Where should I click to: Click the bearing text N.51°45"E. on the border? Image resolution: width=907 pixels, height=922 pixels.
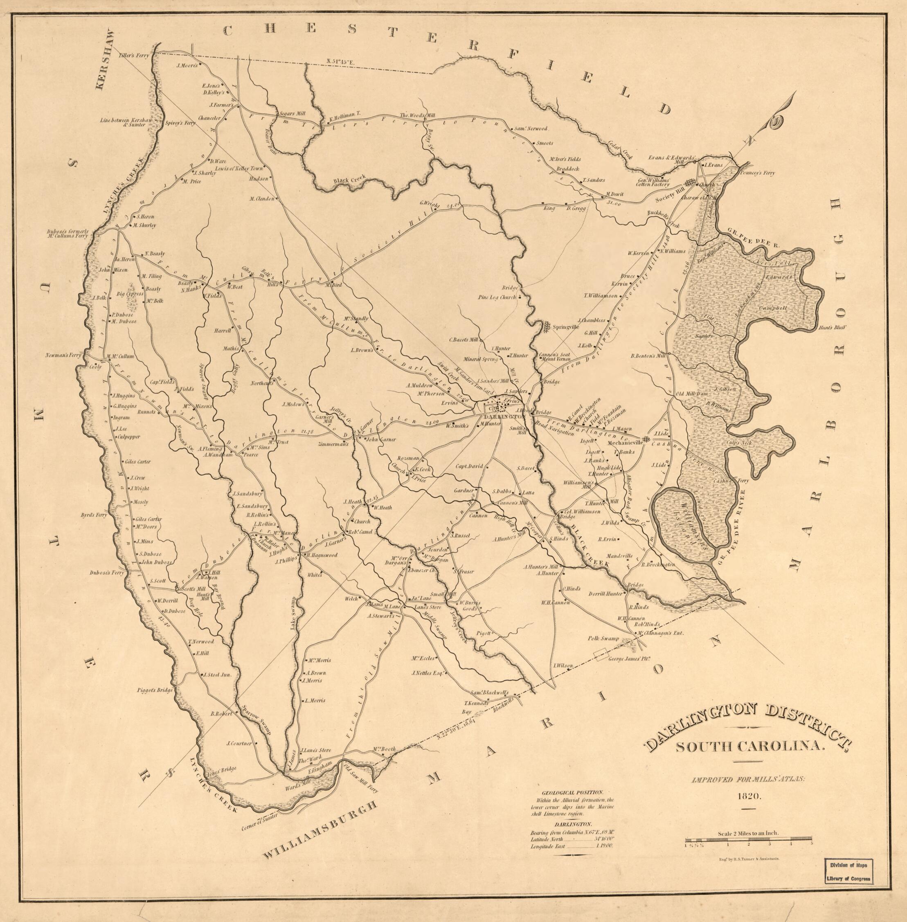tap(342, 61)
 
